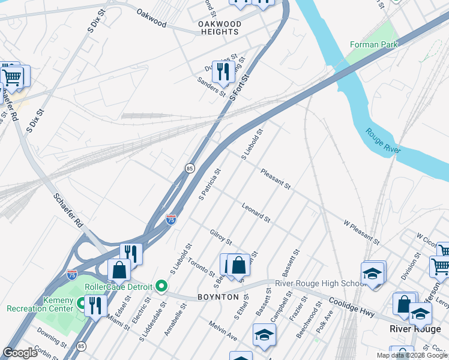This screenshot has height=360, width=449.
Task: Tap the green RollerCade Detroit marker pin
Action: coord(161,286)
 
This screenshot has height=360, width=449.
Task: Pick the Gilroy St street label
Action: coord(221,236)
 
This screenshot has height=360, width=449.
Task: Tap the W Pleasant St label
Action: coord(361,232)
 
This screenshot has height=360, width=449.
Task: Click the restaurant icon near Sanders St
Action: coord(223,73)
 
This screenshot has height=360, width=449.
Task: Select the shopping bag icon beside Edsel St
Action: coord(119,271)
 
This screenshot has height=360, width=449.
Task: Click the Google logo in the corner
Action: coord(20,353)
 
